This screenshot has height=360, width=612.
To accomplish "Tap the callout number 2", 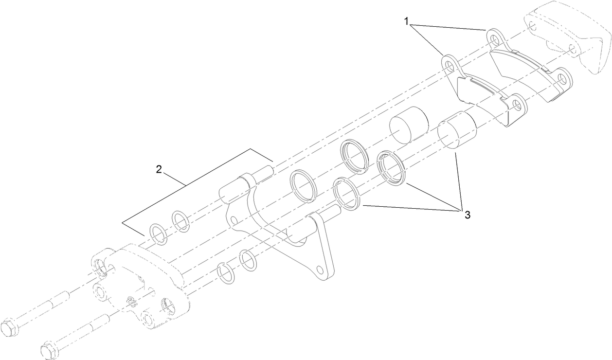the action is pos(159,170).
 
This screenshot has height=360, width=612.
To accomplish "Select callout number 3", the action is pos(467,215).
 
